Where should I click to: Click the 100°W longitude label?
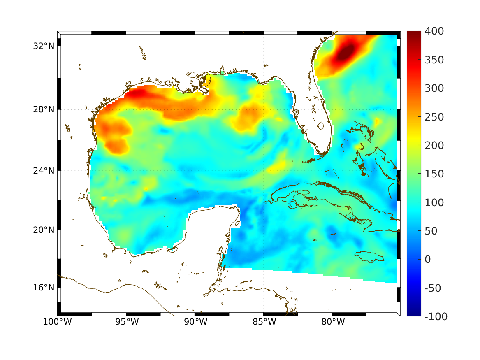(57, 322)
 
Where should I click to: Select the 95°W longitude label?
(126, 322)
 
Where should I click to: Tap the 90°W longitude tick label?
(195, 322)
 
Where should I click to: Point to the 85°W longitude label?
(264, 322)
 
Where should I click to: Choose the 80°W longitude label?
(332, 322)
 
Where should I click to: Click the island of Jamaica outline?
(369, 256)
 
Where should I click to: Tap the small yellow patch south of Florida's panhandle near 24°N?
(276, 166)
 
